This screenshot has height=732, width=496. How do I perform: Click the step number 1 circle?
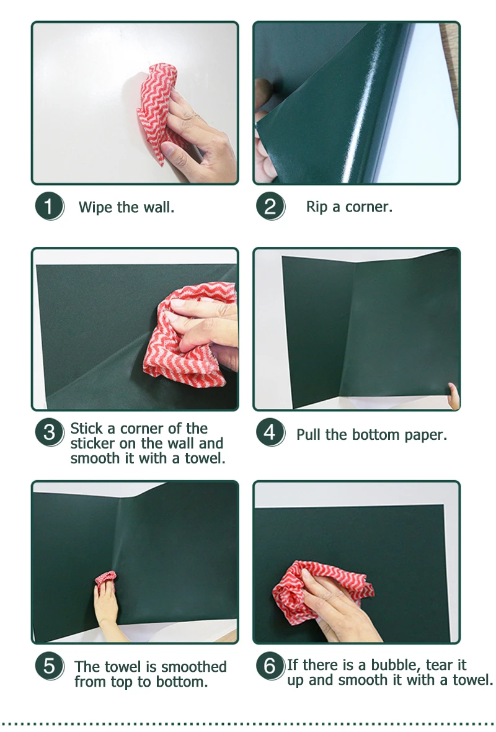(48, 206)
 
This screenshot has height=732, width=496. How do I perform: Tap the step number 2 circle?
(270, 206)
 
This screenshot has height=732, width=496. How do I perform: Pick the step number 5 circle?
(48, 666)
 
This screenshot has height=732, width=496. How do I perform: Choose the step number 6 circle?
(270, 666)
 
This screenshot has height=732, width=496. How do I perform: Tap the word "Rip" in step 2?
(317, 207)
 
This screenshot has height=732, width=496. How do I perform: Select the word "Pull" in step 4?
(309, 435)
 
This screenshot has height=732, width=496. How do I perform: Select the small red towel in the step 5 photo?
(105, 578)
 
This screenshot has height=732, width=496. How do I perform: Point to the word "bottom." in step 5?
(182, 682)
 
